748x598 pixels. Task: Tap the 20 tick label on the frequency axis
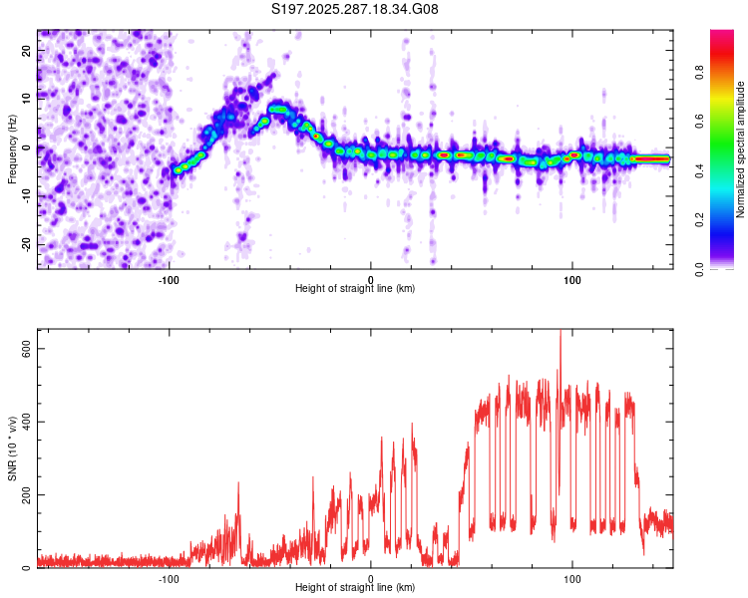pos(27,50)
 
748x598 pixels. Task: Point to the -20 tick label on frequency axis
pos(25,244)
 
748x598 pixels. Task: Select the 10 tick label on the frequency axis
pos(27,99)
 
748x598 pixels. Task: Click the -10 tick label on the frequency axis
pos(25,196)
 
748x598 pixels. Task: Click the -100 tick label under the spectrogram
pos(169,279)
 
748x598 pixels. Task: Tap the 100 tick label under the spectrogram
pos(572,279)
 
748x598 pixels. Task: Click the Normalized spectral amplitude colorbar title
pos(741,149)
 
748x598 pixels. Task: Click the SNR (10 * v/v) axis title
pos(13,448)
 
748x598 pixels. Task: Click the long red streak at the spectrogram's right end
pos(653,158)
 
